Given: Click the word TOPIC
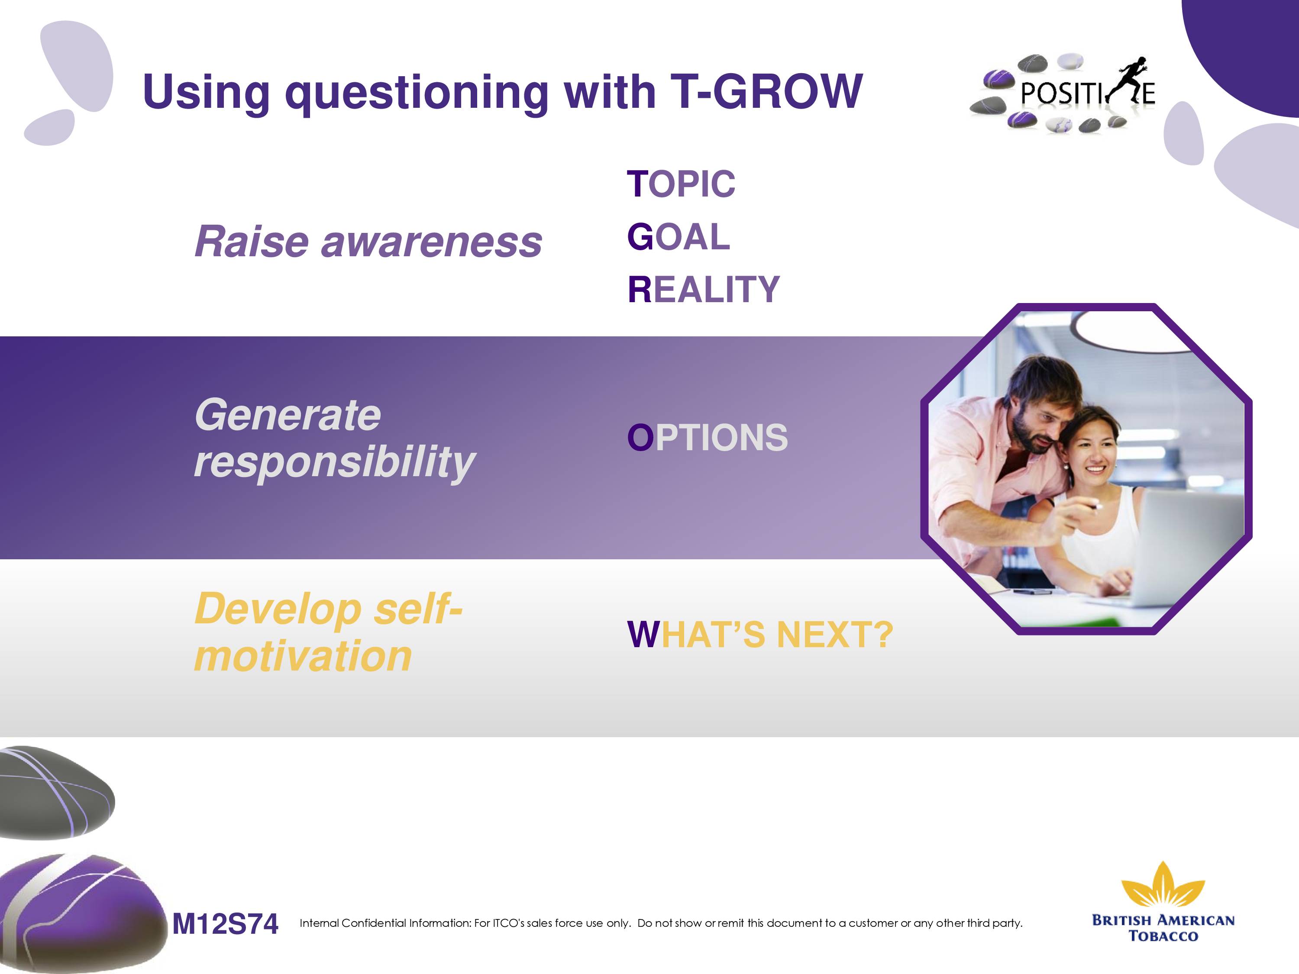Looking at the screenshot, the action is [x=681, y=184].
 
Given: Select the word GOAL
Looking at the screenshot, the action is [x=678, y=237].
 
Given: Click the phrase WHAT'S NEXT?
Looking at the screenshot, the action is [x=760, y=635].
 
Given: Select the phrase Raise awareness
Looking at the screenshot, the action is [x=368, y=241].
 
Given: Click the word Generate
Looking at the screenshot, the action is [x=288, y=415].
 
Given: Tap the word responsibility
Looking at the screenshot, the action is [x=335, y=464].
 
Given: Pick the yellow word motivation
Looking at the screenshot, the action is [x=303, y=656].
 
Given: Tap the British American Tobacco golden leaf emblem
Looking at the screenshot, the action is [x=1163, y=884].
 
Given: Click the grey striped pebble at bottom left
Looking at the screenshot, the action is [x=56, y=792].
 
